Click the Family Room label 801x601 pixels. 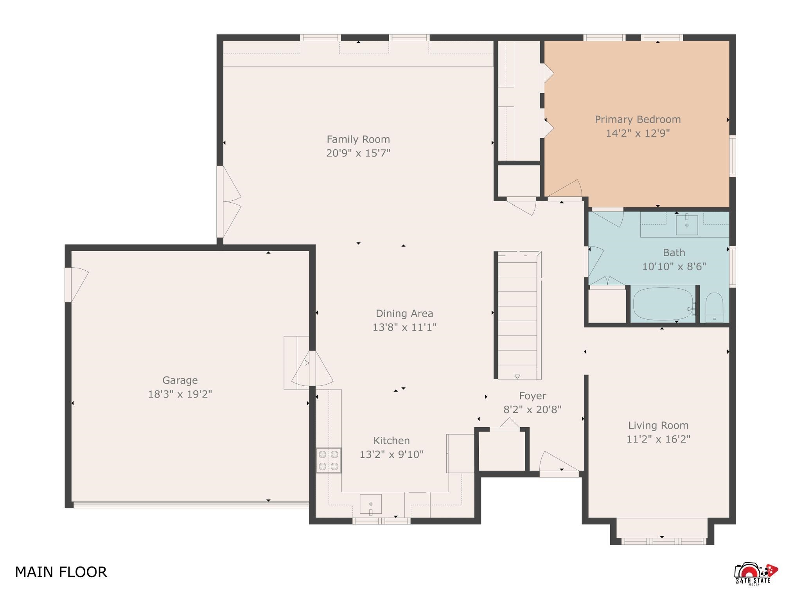[x=358, y=139]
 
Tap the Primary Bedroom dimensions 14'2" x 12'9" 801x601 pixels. [x=638, y=133]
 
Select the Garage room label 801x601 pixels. [x=180, y=380]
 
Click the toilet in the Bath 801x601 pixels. [x=714, y=308]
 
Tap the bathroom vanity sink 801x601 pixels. [x=687, y=224]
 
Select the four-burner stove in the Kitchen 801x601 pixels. [x=329, y=460]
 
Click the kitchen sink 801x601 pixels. [x=370, y=504]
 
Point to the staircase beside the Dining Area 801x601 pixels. [x=518, y=315]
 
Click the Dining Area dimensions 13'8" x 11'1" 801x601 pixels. [x=404, y=327]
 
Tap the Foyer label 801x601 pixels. [x=532, y=396]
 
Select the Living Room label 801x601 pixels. [x=658, y=425]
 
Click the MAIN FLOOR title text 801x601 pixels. [x=61, y=572]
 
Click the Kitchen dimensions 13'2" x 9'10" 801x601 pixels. [x=392, y=454]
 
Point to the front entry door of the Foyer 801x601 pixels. [x=559, y=464]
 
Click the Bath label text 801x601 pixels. [x=674, y=252]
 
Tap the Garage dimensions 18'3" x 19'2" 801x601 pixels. [x=180, y=394]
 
